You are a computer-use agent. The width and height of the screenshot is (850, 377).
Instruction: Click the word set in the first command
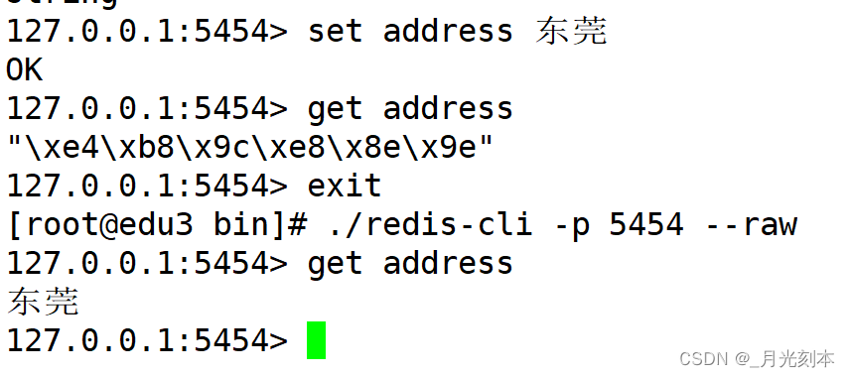click(x=335, y=31)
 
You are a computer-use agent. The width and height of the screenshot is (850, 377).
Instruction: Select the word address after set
click(x=448, y=31)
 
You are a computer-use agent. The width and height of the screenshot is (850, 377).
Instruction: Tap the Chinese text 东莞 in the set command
click(x=570, y=31)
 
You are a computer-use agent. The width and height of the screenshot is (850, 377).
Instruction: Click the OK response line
click(x=25, y=69)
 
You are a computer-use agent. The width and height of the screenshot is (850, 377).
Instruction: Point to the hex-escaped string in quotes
click(x=249, y=147)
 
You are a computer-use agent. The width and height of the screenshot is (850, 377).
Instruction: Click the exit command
click(x=344, y=186)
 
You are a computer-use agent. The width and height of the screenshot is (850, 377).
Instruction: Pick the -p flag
click(x=570, y=224)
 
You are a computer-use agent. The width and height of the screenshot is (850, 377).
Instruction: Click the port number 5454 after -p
click(x=645, y=224)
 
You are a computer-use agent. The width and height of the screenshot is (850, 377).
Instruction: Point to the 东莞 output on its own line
click(x=43, y=302)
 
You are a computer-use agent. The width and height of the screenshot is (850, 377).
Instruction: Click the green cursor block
click(x=316, y=340)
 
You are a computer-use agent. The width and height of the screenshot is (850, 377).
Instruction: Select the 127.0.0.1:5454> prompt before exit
click(x=147, y=186)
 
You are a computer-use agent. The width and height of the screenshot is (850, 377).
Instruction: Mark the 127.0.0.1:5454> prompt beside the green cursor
click(x=147, y=340)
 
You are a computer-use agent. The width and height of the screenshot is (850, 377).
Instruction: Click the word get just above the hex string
click(x=335, y=108)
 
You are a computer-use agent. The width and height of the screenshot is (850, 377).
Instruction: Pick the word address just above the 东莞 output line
click(x=448, y=263)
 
